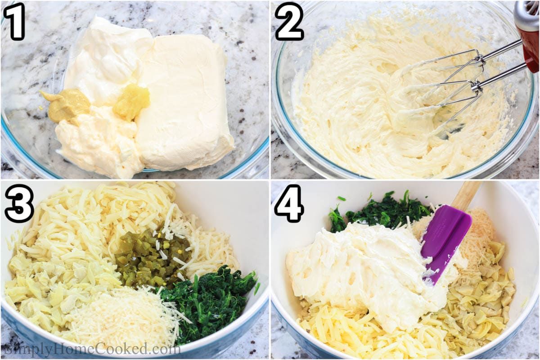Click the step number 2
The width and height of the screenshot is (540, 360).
[289, 21]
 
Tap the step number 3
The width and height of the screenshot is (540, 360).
[19, 203]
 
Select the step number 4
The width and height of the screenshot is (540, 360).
[289, 203]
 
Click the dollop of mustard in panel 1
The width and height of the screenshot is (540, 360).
[67, 104]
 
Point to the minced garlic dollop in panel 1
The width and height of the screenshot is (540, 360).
[131, 101]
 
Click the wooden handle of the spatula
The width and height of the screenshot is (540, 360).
[466, 194]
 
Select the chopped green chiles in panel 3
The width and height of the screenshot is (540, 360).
[151, 256]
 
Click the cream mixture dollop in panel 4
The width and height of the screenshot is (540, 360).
[360, 270]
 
